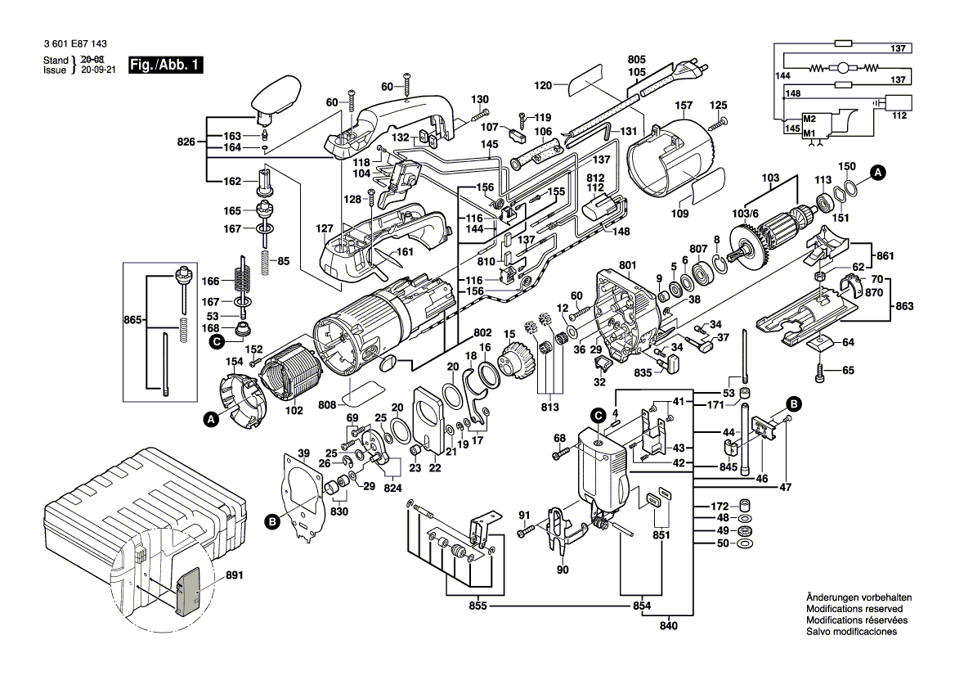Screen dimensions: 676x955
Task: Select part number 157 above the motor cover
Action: [x=684, y=106]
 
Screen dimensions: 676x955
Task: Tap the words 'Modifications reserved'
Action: [x=854, y=609]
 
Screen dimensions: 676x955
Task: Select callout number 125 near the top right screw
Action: [x=718, y=105]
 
